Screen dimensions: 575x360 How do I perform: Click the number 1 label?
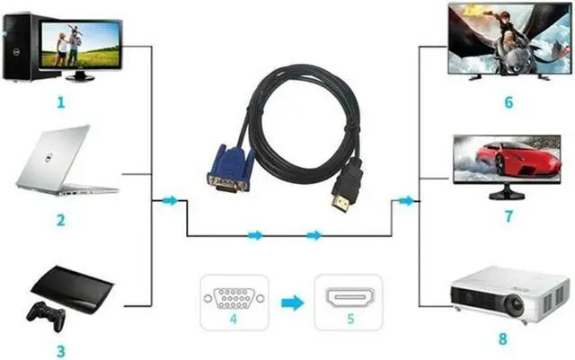[x=60, y=101]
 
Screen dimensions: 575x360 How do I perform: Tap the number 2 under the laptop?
[x=60, y=219]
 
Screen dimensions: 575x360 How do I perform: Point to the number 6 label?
[x=509, y=101]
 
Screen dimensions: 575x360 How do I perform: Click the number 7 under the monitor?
[x=509, y=216]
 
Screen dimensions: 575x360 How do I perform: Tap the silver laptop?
[x=63, y=162]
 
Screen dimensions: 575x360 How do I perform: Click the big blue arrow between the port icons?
[x=291, y=303]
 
